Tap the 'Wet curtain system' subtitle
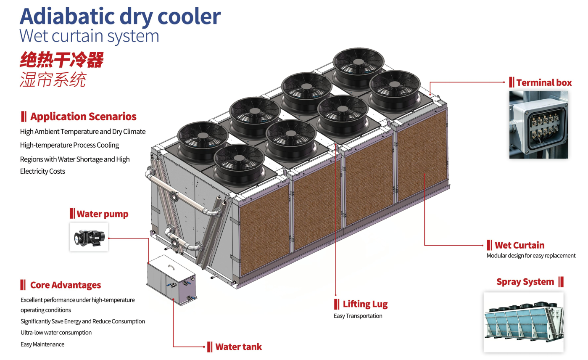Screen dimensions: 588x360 point(89,36)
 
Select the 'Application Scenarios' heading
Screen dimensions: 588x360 point(83,116)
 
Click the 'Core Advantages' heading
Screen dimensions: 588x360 point(66,285)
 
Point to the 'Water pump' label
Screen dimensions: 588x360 point(103,214)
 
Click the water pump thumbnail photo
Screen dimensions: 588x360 point(89,237)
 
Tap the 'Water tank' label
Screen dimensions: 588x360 point(238,347)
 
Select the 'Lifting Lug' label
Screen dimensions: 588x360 point(365,304)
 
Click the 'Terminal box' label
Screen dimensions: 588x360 point(544,82)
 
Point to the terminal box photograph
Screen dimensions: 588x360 point(538,125)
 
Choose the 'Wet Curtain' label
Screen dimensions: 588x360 point(519,245)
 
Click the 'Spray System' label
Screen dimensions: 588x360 point(525,282)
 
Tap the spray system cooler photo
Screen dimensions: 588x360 point(523,322)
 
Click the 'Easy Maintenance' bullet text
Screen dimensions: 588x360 point(42,344)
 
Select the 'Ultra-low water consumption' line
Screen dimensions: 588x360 point(56,332)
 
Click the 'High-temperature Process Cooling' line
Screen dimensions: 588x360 point(70,145)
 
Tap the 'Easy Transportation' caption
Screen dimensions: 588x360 point(358,316)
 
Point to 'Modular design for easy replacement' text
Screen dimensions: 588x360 point(531,256)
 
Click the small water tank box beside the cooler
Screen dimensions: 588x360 point(171,280)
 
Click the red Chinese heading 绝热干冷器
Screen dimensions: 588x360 point(62,60)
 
